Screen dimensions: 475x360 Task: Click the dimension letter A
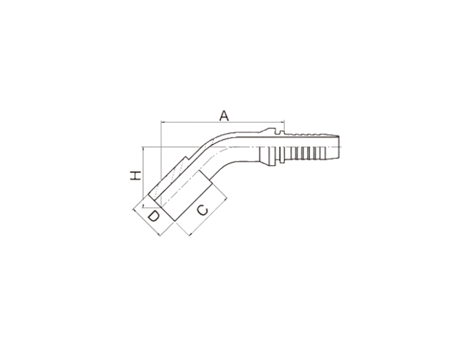224,116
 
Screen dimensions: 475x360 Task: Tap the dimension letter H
136,175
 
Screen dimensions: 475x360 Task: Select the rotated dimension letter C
203,210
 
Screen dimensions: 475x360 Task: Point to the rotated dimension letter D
153,217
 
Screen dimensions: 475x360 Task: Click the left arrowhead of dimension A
163,122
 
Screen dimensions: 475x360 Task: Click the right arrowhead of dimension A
282,122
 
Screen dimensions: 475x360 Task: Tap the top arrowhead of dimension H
142,149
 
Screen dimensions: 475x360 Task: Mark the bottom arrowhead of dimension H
142,205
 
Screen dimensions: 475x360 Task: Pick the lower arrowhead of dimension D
158,234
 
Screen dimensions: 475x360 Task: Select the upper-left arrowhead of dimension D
135,210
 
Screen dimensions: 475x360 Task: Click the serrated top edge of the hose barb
312,133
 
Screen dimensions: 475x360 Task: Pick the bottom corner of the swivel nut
174,221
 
